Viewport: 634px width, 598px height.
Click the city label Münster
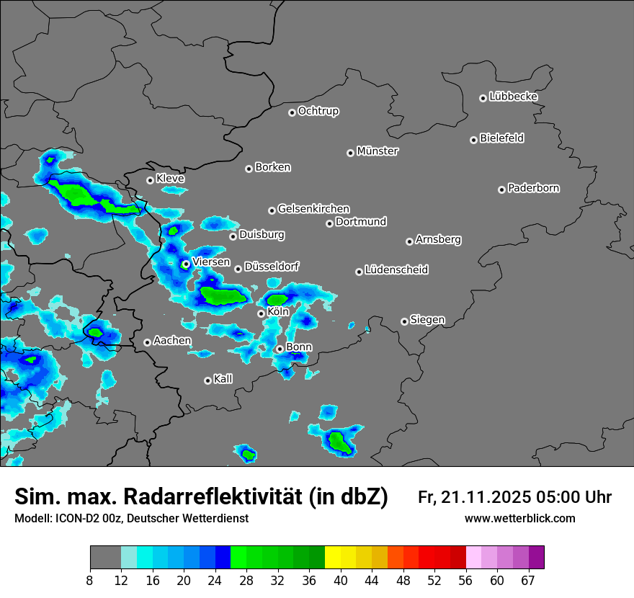(x=378, y=151)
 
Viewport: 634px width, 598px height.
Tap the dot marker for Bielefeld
(x=474, y=140)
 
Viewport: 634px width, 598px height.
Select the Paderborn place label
(x=534, y=188)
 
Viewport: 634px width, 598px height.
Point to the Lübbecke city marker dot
(x=483, y=98)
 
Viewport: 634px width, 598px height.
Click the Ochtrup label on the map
(x=318, y=111)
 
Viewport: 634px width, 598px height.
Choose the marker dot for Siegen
(x=404, y=321)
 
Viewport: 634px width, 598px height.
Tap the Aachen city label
(x=173, y=340)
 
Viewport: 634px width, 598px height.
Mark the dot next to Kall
(x=208, y=380)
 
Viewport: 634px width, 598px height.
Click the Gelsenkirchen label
(x=314, y=209)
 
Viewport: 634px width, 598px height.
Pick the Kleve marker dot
(x=151, y=180)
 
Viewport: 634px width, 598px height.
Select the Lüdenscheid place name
(x=397, y=270)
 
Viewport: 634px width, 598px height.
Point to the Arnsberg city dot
(x=409, y=241)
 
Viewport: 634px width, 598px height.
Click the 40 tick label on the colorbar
(x=341, y=581)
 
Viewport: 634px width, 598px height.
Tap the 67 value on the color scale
(x=528, y=581)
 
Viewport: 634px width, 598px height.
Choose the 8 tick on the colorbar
(x=90, y=581)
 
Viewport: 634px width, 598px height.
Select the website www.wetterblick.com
(x=520, y=519)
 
